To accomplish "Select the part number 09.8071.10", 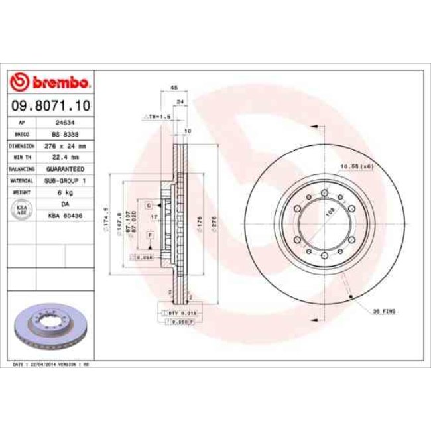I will pyautogui.click(x=50, y=105).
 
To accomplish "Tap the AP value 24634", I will pyautogui.click(x=64, y=123).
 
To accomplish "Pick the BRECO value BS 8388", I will pyautogui.click(x=64, y=133).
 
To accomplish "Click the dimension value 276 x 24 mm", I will pyautogui.click(x=64, y=145).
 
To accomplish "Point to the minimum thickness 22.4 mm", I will pyautogui.click(x=64, y=157).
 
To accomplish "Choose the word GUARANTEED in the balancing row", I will pyautogui.click(x=64, y=168).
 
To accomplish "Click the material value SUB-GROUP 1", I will pyautogui.click(x=64, y=180).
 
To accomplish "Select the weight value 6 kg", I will pyautogui.click(x=64, y=192).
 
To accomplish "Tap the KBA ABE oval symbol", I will pyautogui.click(x=21, y=209).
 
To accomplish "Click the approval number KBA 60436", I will pyautogui.click(x=64, y=215).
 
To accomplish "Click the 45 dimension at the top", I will pyautogui.click(x=174, y=88).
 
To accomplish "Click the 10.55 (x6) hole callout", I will pyautogui.click(x=357, y=166).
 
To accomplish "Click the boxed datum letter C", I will pyautogui.click(x=149, y=205).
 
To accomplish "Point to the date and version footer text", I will pyautogui.click(x=52, y=365).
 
